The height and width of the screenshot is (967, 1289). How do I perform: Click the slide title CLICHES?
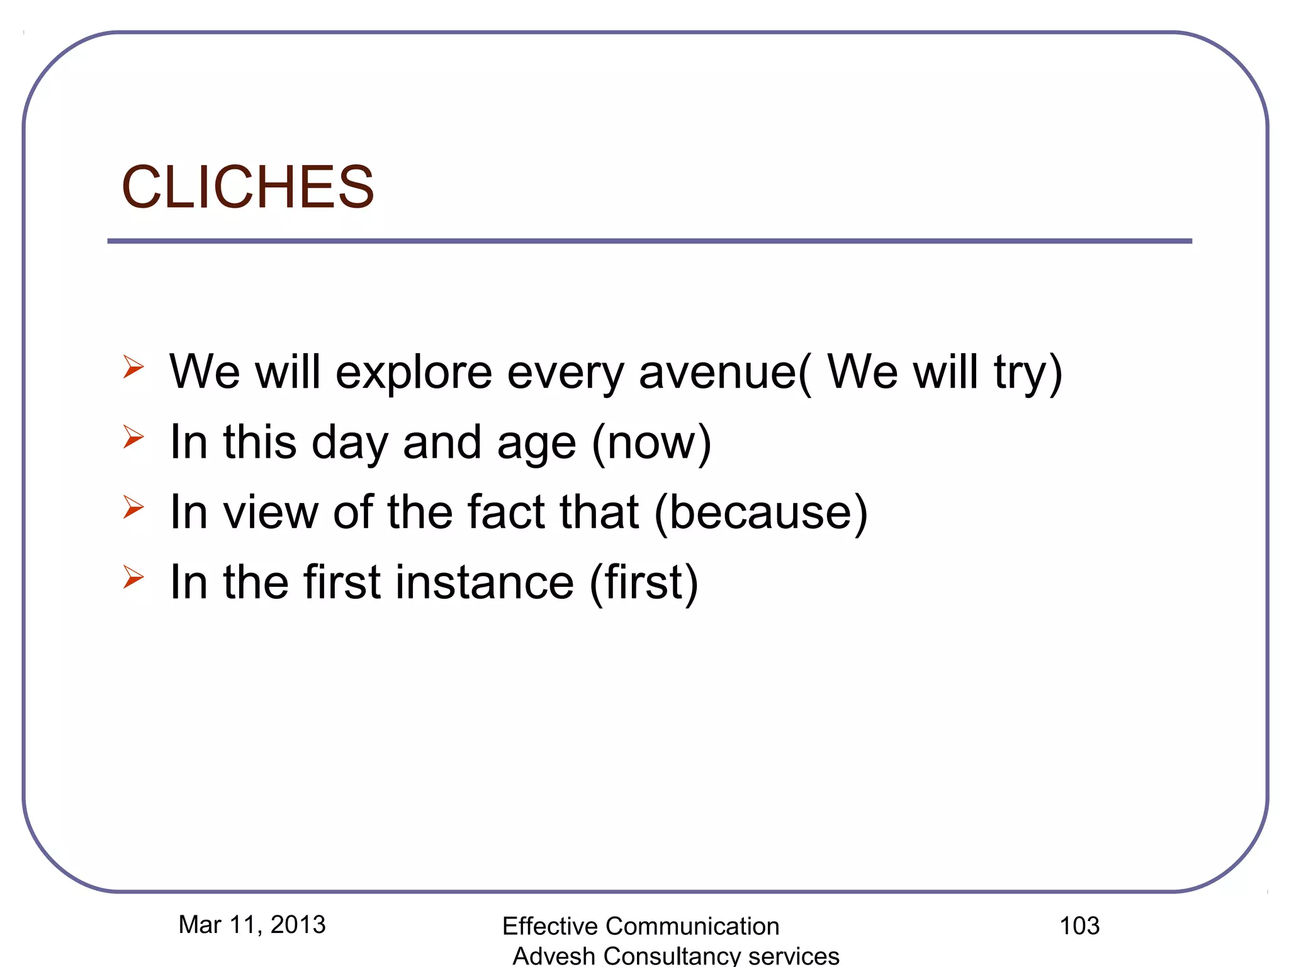(247, 187)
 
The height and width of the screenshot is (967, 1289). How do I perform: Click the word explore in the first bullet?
(414, 372)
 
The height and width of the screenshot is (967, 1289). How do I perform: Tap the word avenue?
(718, 372)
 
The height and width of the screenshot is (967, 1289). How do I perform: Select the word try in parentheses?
(1020, 373)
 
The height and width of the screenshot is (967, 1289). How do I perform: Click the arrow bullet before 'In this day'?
(133, 436)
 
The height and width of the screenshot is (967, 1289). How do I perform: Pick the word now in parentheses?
(651, 443)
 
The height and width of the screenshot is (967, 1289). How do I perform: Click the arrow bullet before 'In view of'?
(133, 506)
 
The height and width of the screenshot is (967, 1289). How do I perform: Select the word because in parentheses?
(761, 512)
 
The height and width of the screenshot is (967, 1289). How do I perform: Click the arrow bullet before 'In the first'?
(133, 577)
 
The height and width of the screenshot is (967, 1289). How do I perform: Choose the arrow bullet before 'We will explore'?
(133, 366)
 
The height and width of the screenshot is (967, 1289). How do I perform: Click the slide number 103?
(1079, 925)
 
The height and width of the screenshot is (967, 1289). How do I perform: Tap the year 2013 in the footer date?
(298, 924)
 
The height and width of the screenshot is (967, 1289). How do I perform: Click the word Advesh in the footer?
(554, 956)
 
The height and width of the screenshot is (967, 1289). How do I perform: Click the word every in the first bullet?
(565, 373)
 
